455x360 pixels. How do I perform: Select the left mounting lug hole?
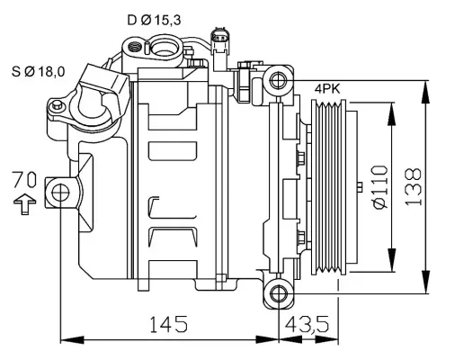[x=60, y=192]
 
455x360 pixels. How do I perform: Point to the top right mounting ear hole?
[x=279, y=80]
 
